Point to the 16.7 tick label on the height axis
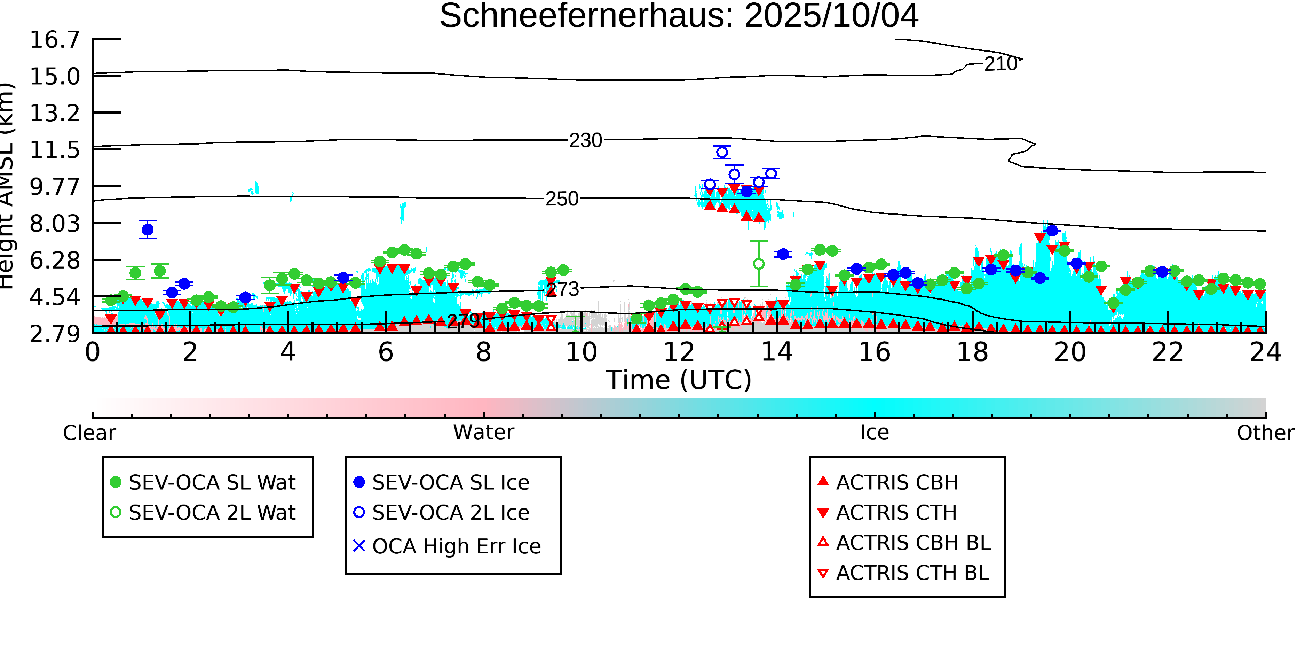55,40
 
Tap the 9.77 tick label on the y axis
55,187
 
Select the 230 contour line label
586,140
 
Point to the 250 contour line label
562,199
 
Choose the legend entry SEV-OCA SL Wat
212,482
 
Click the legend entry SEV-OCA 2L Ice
450,513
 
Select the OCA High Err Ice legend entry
456,546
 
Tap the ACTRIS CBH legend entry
897,482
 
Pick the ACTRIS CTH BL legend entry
912,573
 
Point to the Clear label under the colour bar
89,433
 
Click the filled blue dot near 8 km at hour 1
148,230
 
